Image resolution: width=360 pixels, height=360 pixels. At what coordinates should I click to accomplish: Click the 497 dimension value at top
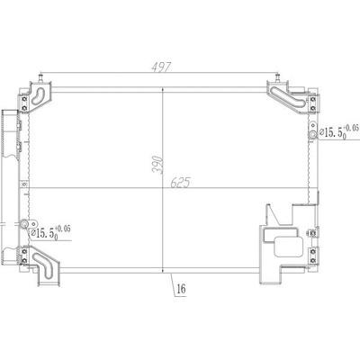point(161,67)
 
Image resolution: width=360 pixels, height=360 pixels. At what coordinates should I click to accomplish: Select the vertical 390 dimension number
point(157,165)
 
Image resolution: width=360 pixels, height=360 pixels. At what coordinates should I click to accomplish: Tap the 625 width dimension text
point(180,183)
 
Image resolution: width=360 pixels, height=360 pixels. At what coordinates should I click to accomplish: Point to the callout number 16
point(181,289)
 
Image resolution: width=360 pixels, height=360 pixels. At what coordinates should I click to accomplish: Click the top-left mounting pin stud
point(40,77)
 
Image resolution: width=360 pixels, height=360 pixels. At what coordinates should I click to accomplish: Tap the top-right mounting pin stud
point(277,77)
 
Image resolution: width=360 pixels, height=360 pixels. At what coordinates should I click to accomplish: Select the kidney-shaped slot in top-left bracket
point(38,96)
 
